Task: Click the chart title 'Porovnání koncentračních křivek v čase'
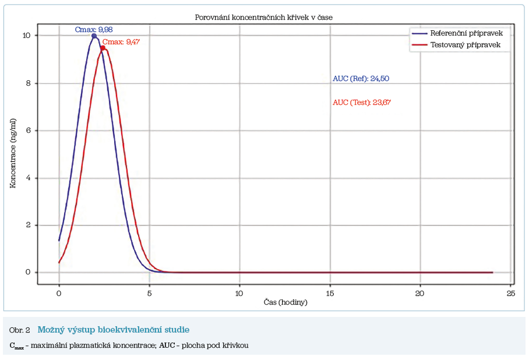263,17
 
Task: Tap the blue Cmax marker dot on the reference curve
94,36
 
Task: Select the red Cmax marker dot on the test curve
103,48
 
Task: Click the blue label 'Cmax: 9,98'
93,29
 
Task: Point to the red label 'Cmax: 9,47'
121,41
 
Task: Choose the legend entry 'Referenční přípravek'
466,33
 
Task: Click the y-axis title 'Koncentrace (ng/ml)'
13,154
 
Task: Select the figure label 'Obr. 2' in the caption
20,330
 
